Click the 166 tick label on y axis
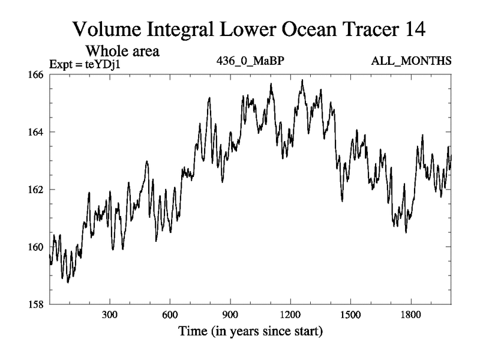point(37,74)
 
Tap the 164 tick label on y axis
point(37,132)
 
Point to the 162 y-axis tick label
point(37,190)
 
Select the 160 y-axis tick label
point(37,247)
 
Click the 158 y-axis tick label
point(37,304)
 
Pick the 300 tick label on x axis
point(109,315)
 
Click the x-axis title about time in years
point(250,331)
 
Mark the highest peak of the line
point(302,80)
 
